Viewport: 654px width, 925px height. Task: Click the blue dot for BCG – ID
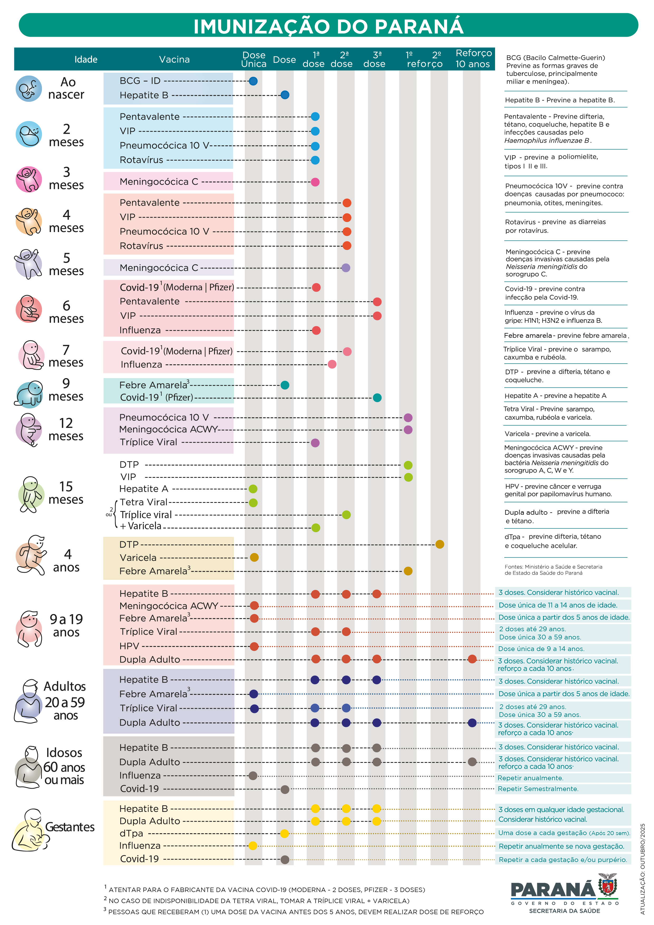click(253, 81)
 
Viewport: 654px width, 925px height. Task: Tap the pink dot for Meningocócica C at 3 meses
click(315, 182)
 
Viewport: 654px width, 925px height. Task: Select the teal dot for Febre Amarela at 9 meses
click(285, 385)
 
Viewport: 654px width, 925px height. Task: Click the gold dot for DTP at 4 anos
click(440, 544)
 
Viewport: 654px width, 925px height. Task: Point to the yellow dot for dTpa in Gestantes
click(285, 834)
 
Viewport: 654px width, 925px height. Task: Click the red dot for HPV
click(254, 647)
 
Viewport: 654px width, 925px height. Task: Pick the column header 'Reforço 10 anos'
click(473, 59)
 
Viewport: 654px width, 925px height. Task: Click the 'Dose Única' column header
click(254, 59)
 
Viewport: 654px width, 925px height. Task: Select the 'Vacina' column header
click(174, 60)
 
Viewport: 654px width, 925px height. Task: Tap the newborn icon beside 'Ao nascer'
click(28, 89)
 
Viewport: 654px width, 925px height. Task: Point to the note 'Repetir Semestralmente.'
click(538, 789)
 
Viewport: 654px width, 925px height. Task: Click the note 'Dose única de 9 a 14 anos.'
click(541, 649)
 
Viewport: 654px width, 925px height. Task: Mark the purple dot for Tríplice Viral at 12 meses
click(315, 443)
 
